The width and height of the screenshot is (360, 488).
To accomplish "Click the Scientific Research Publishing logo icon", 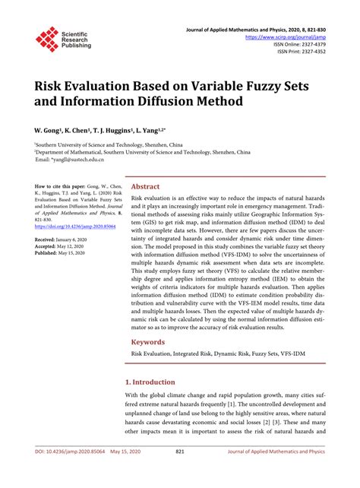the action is click(47, 40).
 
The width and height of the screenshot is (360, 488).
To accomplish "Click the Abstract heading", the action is click(146, 186).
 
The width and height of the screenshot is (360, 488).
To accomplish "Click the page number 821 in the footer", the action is click(180, 472).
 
